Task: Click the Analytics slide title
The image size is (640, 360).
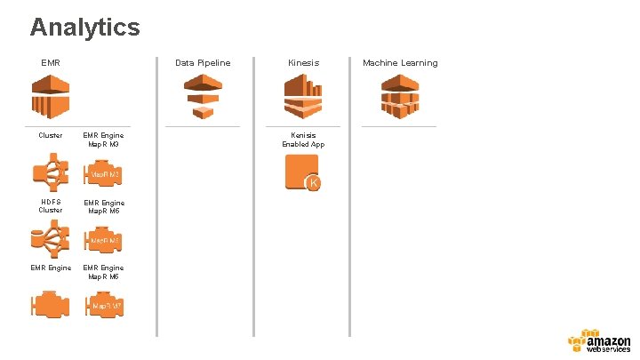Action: pos(84,27)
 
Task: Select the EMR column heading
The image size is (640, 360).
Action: pos(50,63)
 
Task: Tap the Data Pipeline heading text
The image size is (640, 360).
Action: pos(203,63)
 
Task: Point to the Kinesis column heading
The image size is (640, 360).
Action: pos(303,63)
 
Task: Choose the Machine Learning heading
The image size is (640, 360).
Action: pos(400,63)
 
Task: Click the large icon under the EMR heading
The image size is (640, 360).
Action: pos(51,96)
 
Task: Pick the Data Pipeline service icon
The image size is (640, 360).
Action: pos(203,96)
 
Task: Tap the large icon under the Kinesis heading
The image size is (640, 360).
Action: pos(303,96)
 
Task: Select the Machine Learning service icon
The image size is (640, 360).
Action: pos(400,96)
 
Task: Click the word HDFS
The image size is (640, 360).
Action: pos(51,203)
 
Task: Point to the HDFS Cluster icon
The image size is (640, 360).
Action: pos(51,240)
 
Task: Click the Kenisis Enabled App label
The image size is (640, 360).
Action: pos(303,140)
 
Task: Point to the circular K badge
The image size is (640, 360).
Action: pos(313,183)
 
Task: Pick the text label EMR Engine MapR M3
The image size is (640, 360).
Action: pos(104,140)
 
